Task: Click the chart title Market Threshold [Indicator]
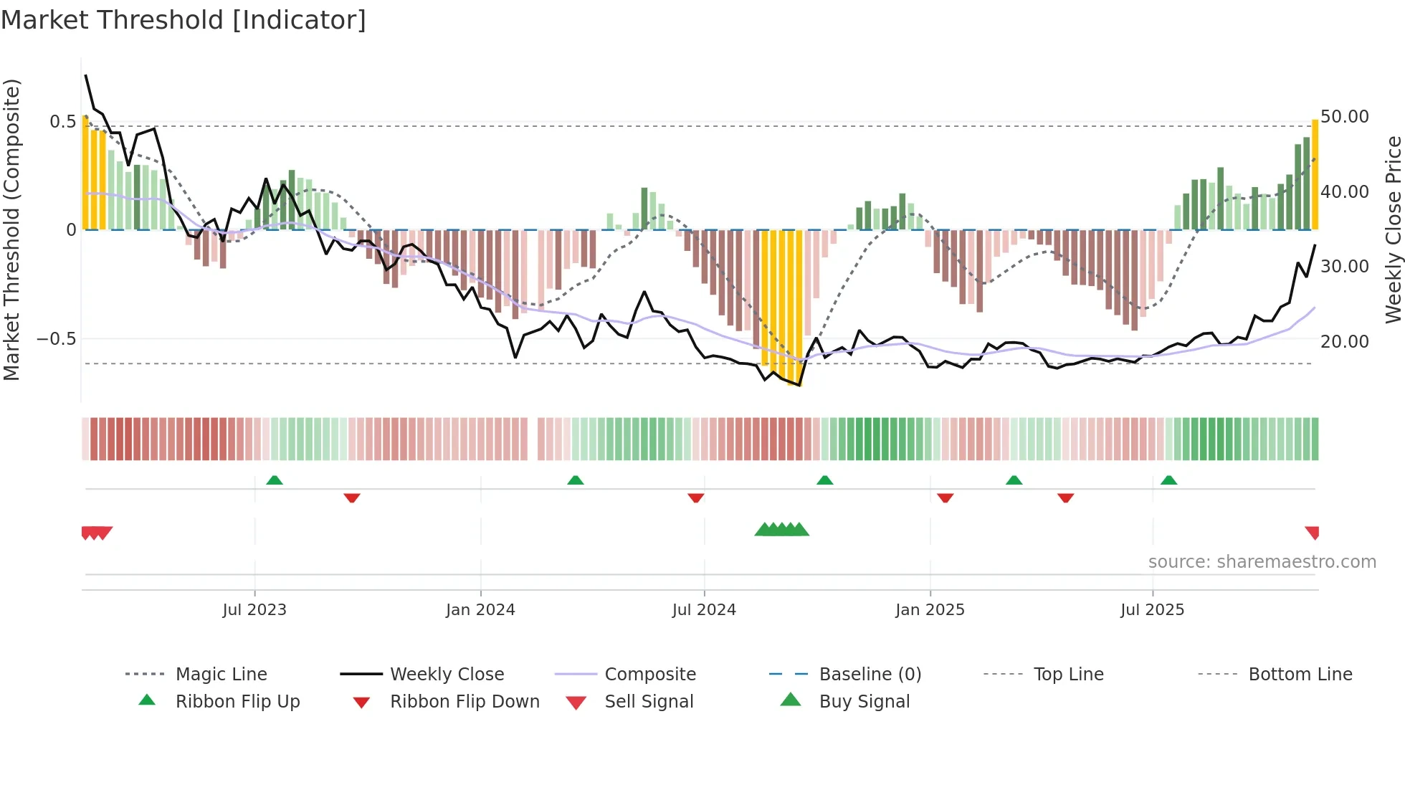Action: [184, 20]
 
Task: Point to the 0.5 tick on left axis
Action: [62, 121]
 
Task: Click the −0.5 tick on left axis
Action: [57, 338]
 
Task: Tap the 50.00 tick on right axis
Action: [1344, 116]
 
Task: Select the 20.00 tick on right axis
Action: [1344, 341]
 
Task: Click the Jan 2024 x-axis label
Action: [480, 609]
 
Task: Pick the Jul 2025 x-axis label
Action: [1152, 609]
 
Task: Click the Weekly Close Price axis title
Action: [1393, 229]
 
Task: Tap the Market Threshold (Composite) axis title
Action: [11, 229]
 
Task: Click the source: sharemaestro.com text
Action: [1262, 561]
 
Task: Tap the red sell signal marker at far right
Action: [1313, 532]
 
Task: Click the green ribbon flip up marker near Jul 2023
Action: [275, 480]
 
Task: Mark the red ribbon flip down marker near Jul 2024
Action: [695, 497]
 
